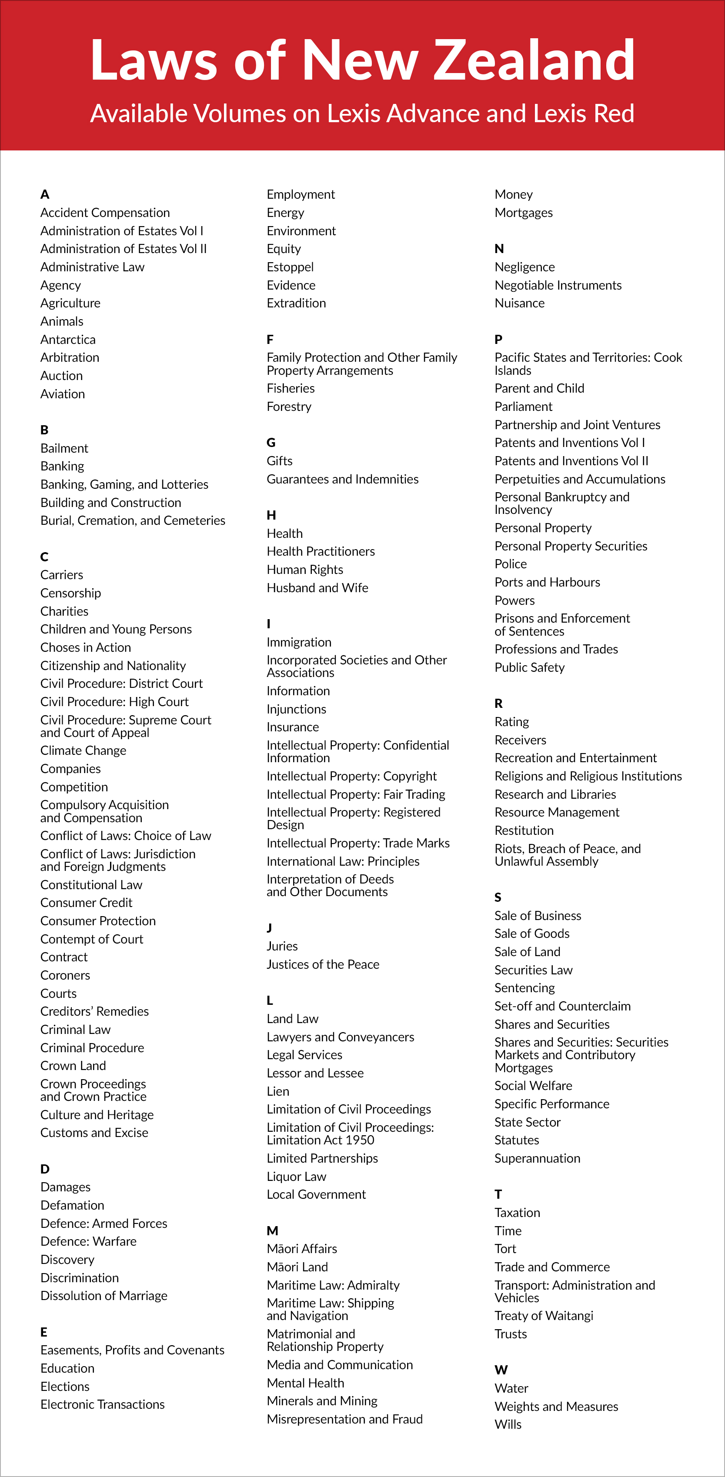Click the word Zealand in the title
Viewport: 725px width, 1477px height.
point(534,60)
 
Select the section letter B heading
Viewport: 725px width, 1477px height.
point(44,430)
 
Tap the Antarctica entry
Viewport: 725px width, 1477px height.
point(68,340)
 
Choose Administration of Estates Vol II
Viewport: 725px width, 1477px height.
point(124,249)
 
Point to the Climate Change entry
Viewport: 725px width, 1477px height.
point(83,750)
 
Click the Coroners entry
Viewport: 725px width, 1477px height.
point(65,975)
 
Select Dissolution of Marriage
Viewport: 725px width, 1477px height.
point(104,1296)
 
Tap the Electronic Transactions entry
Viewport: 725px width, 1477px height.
point(102,1404)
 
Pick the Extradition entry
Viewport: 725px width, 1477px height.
point(296,303)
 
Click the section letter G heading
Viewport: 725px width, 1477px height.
point(271,443)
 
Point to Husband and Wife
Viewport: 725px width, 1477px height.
point(317,588)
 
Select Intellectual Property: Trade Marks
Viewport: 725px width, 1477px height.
point(358,843)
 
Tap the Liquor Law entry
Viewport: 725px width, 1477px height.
point(296,1177)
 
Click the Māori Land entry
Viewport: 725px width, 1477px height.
point(297,1267)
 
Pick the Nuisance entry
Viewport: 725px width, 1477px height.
point(519,303)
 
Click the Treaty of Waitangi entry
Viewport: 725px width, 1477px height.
point(544,1316)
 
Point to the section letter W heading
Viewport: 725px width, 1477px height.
point(501,1370)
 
